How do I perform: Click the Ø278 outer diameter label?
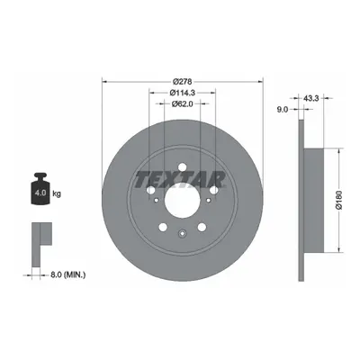183,81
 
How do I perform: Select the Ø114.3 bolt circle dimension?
183,93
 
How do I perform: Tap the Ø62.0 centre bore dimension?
182,103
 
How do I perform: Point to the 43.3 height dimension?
310,98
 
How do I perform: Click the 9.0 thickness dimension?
283,110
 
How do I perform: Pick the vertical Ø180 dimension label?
339,200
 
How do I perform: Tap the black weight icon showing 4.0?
40,189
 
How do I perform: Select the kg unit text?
57,193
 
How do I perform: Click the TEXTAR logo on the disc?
181,179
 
